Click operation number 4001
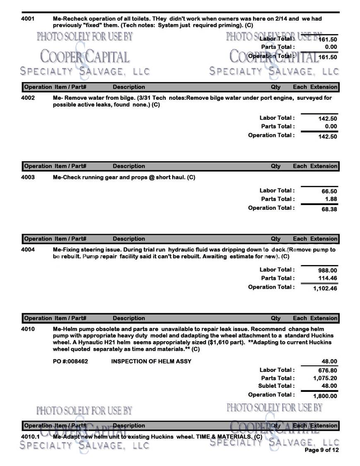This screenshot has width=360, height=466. (x=28, y=19)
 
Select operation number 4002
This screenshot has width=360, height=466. (x=28, y=98)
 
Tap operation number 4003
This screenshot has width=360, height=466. (x=28, y=177)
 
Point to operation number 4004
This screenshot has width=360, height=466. (x=28, y=250)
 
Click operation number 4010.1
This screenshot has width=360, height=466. (x=30, y=437)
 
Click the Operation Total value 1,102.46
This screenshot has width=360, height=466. (x=325, y=288)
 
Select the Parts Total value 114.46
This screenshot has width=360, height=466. (x=328, y=278)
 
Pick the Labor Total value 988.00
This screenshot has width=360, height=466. (x=328, y=270)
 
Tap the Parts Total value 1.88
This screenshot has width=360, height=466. (x=331, y=199)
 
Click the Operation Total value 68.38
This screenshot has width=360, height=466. (x=329, y=209)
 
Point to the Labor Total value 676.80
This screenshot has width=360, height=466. (x=328, y=370)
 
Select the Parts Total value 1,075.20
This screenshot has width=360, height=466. (x=325, y=378)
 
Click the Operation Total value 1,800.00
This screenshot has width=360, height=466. (x=325, y=396)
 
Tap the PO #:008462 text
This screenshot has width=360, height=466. (x=70, y=362)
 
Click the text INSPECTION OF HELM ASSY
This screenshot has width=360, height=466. (x=151, y=362)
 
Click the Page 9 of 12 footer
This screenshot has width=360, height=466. (x=321, y=450)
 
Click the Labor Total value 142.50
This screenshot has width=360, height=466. (x=328, y=118)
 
